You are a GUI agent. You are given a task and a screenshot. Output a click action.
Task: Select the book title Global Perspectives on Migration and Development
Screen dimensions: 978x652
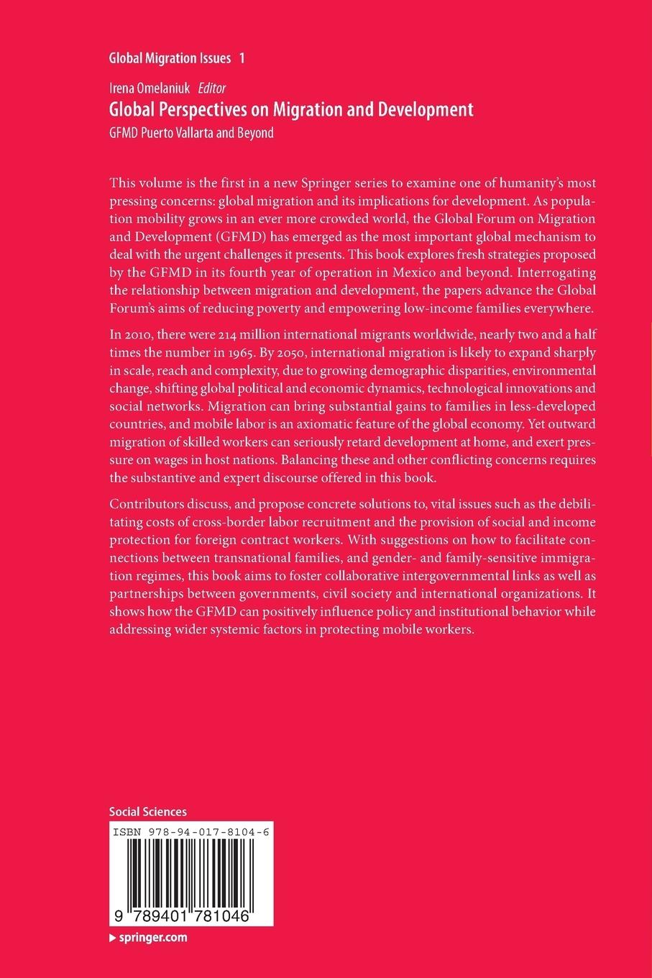point(290,109)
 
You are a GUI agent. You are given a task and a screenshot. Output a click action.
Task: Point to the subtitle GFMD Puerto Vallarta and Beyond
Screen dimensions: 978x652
point(191,132)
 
